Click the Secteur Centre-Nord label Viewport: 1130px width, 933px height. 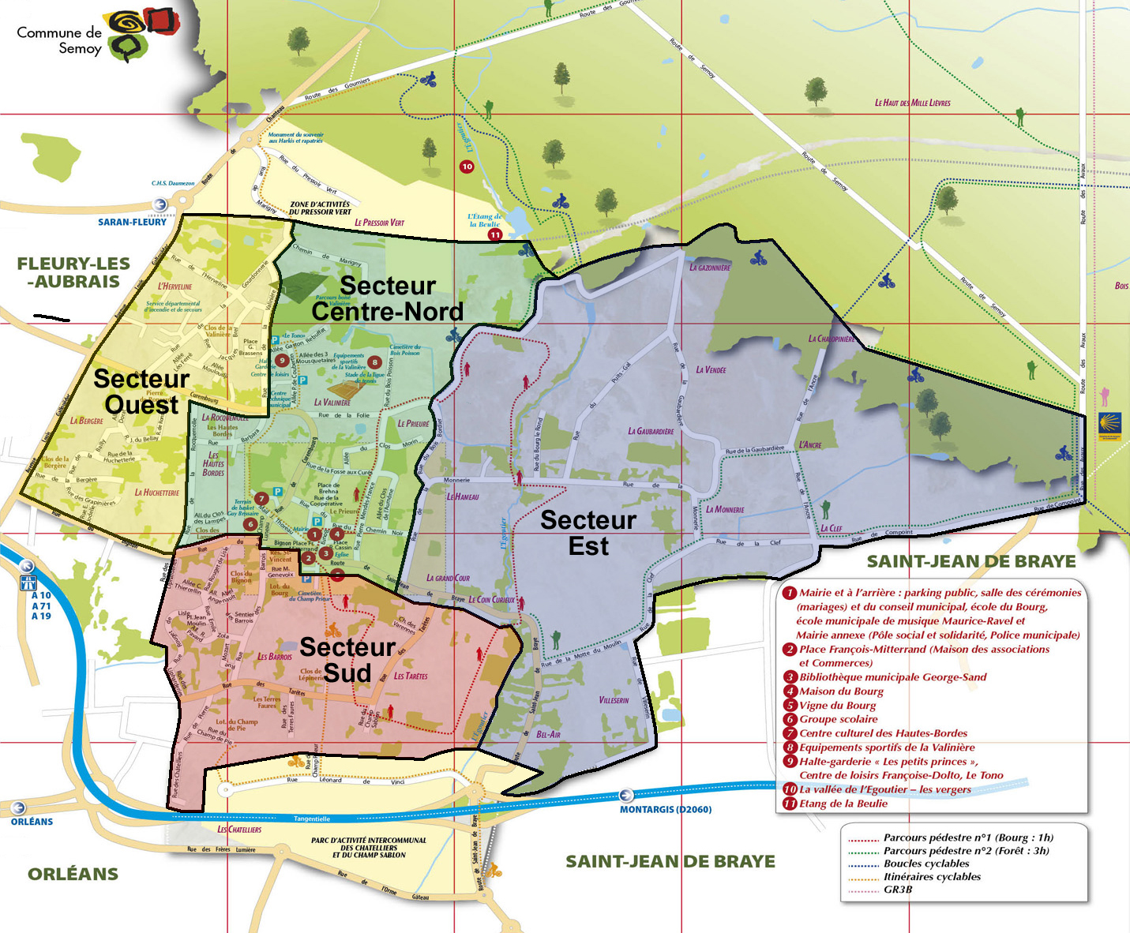pyautogui.click(x=387, y=298)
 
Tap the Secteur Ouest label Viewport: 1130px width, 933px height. pyautogui.click(x=141, y=392)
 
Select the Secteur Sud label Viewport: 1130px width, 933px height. pyautogui.click(x=347, y=660)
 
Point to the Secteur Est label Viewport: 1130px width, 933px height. pyautogui.click(x=588, y=533)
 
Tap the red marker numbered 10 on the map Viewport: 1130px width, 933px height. pyautogui.click(x=467, y=167)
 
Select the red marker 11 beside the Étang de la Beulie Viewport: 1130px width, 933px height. pyautogui.click(x=495, y=234)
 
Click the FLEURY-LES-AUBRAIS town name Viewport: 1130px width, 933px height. pyautogui.click(x=73, y=272)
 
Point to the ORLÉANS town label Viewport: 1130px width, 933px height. pyautogui.click(x=73, y=874)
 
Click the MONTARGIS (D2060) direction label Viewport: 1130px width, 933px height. pyautogui.click(x=665, y=809)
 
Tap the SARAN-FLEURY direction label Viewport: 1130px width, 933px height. pyautogui.click(x=132, y=222)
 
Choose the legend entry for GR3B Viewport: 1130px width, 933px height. pyautogui.click(x=898, y=890)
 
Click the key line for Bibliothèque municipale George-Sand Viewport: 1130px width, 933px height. pyautogui.click(x=892, y=677)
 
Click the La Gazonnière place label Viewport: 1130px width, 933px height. pyautogui.click(x=710, y=268)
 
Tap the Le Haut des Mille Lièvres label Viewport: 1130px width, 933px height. pyautogui.click(x=912, y=103)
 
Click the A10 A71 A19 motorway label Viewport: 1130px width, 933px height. pyautogui.click(x=41, y=605)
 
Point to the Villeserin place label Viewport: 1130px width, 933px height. pyautogui.click(x=614, y=700)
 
